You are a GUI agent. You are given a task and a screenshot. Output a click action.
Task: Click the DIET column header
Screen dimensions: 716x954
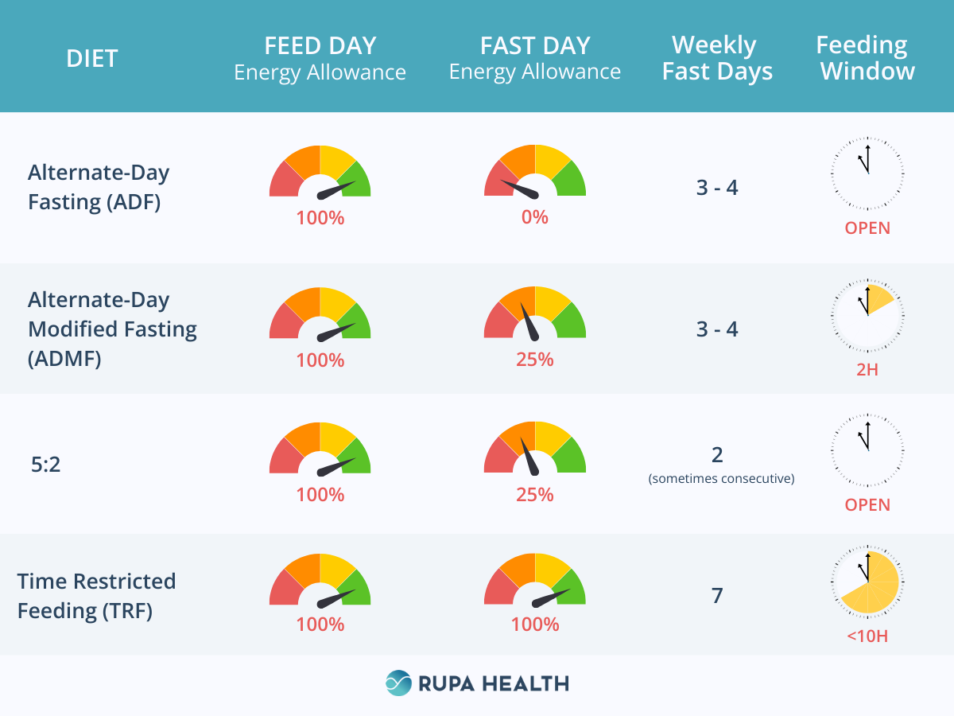click(92, 58)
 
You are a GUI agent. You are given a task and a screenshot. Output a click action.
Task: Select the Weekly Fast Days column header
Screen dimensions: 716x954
click(717, 58)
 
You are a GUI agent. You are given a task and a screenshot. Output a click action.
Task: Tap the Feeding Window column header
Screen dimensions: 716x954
click(867, 58)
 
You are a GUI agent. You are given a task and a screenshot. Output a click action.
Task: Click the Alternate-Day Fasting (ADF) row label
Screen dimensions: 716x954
click(99, 187)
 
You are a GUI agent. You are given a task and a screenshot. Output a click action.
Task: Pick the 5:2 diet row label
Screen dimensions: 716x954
click(45, 464)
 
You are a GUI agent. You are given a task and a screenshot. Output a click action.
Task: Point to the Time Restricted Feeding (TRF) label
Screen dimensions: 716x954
click(96, 596)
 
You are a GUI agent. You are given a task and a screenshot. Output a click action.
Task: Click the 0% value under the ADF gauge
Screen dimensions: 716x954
click(535, 216)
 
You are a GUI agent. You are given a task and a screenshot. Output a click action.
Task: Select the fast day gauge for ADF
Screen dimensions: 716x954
click(535, 173)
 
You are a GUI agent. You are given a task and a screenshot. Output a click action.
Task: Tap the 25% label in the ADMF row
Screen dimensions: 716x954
click(535, 360)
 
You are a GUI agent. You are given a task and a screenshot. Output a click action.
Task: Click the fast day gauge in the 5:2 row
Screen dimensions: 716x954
click(535, 449)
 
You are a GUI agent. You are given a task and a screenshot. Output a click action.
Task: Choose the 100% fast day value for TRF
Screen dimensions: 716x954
click(535, 625)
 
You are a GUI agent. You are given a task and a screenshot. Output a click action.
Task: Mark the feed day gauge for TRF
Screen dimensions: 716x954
click(320, 581)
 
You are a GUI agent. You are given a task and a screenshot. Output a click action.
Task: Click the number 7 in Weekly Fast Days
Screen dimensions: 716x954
click(717, 595)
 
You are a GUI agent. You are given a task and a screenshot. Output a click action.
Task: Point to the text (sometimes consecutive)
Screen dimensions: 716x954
click(721, 479)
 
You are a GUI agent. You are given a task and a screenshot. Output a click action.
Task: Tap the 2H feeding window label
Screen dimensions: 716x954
click(867, 369)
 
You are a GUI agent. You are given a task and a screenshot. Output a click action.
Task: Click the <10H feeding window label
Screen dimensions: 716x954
click(867, 636)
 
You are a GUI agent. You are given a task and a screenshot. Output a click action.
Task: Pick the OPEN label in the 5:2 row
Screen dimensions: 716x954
click(867, 505)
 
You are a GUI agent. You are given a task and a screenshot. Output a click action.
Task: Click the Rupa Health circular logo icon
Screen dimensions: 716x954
click(399, 683)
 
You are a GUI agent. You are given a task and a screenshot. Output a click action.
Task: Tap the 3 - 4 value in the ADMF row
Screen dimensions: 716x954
click(717, 329)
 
